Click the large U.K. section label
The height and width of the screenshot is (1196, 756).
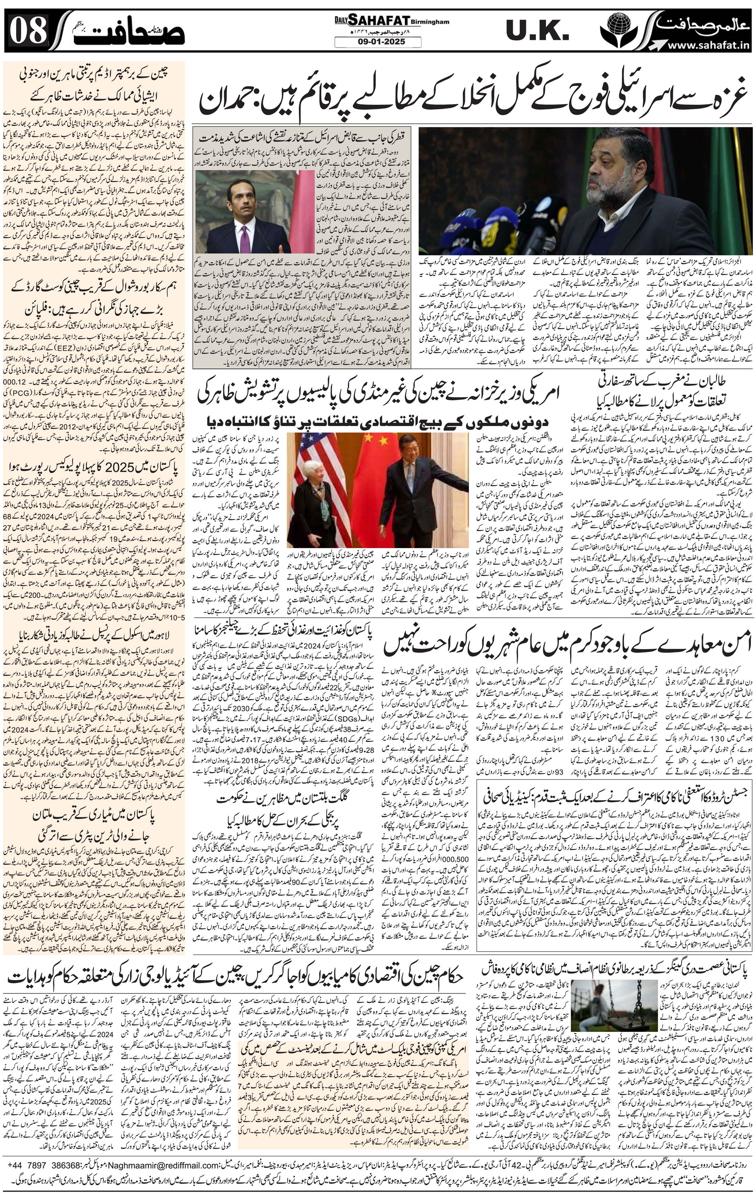(536, 31)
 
